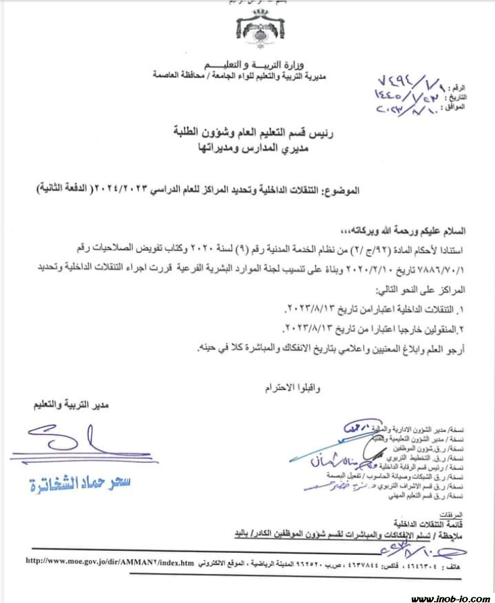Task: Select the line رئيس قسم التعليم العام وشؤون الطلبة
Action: (243, 130)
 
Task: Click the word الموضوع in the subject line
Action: (343, 191)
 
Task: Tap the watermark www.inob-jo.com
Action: (451, 598)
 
